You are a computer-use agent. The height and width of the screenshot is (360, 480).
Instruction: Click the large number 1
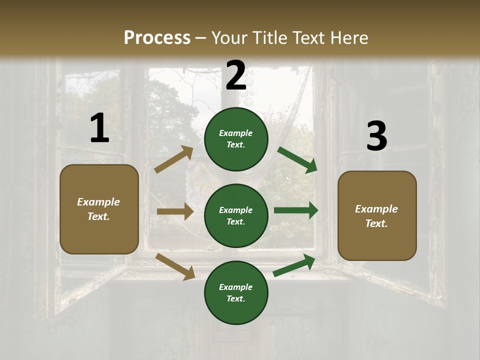99,128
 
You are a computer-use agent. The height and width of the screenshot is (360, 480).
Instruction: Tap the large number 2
236,75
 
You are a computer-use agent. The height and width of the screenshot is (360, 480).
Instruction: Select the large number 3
376,136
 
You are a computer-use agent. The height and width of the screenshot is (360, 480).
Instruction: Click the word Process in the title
157,37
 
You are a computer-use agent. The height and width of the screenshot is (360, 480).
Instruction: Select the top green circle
236,139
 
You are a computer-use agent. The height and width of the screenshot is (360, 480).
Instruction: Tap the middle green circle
236,215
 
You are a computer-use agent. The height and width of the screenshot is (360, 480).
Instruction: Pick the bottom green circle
236,292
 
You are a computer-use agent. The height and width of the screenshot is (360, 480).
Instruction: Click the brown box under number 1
99,209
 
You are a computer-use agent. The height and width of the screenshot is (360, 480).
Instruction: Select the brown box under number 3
377,215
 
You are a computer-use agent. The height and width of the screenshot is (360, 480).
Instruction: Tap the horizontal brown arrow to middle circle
175,211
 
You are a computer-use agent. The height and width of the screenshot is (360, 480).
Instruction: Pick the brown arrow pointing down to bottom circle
175,266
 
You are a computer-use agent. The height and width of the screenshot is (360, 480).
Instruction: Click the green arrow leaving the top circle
297,160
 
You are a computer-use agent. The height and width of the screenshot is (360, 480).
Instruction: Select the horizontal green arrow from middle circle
296,210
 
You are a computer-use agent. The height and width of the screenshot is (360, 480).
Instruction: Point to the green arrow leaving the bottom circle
294,265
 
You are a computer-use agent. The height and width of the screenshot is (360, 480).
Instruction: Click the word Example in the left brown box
98,202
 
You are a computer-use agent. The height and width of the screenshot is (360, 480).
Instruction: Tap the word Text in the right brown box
376,223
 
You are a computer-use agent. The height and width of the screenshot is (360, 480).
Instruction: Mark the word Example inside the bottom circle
236,287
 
